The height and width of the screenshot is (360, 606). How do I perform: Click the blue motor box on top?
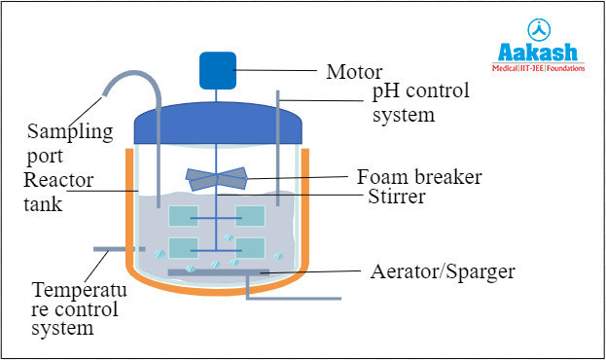[x=218, y=69]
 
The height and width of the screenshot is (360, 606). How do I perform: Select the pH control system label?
[x=420, y=102]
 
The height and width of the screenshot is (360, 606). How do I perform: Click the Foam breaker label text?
[x=419, y=178]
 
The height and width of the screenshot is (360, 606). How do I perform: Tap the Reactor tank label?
[x=57, y=192]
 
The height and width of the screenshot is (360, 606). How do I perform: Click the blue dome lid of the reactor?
[x=218, y=125]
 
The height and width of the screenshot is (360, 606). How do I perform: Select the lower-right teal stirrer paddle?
[x=250, y=248]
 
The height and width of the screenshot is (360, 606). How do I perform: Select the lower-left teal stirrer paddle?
[x=184, y=248]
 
